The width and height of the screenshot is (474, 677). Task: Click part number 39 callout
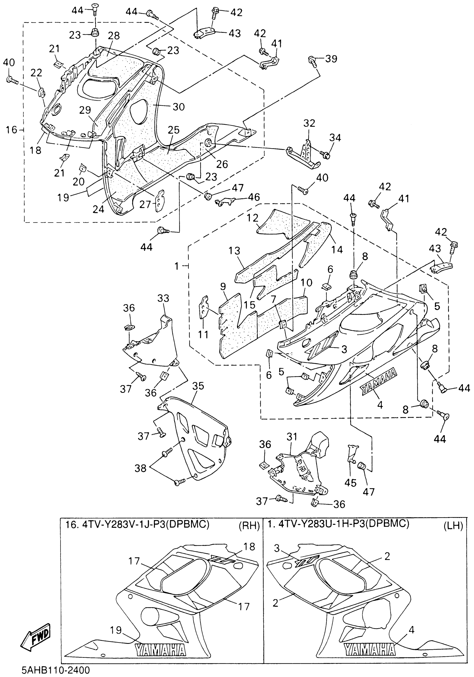tap(331, 59)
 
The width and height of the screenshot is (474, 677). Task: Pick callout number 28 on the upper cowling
tap(114, 36)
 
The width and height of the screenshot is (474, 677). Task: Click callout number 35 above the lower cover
tap(198, 386)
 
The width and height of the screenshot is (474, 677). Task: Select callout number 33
tap(163, 298)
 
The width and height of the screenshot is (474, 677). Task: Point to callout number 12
tap(253, 218)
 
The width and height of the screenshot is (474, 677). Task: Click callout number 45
tap(351, 483)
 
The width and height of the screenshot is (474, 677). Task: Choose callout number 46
tap(253, 197)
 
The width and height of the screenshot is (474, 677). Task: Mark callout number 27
tap(145, 204)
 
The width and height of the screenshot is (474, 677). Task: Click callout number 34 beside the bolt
tap(335, 138)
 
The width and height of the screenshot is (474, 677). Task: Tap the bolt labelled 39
tap(312, 61)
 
